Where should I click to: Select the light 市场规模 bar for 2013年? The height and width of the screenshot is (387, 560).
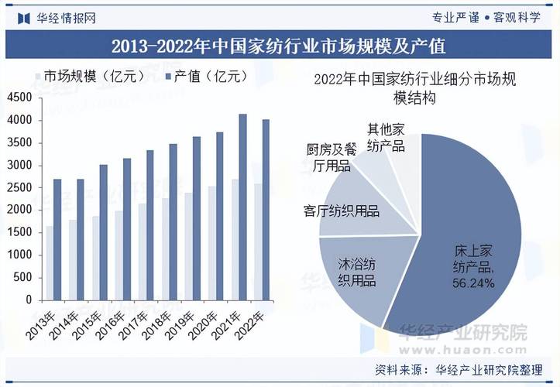point(49,262)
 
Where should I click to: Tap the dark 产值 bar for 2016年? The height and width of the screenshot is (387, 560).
point(126,228)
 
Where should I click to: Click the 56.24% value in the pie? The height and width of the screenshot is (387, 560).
point(473,283)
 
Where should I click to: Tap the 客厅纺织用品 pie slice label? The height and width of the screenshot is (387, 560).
point(342,211)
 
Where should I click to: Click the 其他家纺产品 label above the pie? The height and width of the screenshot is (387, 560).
point(387,138)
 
